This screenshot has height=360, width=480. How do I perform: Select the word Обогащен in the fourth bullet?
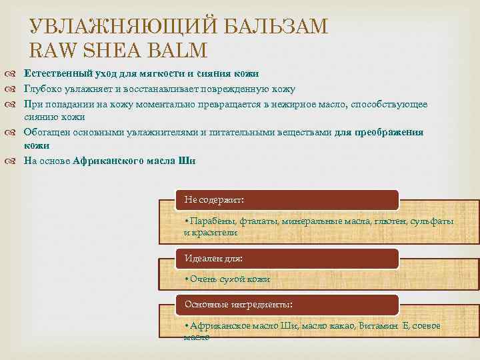(x=46, y=132)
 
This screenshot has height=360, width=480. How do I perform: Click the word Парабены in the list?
(x=210, y=221)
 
